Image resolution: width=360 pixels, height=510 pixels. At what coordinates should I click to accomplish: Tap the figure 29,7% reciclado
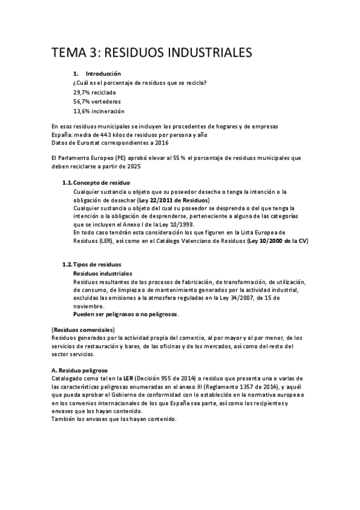(95, 92)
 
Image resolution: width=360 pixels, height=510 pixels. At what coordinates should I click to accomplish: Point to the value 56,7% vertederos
(96, 102)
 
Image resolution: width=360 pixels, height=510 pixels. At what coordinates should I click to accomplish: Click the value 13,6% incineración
(99, 111)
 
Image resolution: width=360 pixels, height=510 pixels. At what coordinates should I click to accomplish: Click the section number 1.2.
(67, 264)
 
